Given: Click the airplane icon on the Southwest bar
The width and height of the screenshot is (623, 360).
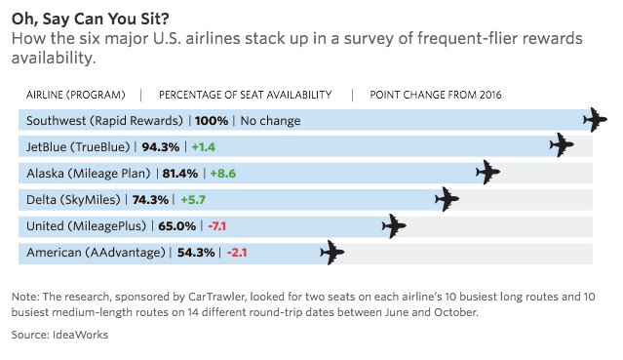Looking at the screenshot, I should (594, 120).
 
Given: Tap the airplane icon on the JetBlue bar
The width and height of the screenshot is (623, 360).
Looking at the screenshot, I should (561, 146).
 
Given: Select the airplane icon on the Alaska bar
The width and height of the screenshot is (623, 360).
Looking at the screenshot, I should (487, 173).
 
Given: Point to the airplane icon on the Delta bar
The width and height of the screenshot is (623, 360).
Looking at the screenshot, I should (447, 199).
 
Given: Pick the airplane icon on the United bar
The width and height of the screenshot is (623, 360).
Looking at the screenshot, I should (393, 225).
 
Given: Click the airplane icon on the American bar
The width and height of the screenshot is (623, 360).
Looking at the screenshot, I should (331, 253).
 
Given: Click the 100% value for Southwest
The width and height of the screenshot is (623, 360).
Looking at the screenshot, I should (212, 121).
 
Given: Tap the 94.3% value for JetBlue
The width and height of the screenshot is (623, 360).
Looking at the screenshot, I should (162, 147).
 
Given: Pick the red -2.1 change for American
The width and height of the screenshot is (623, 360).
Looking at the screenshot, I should (239, 253).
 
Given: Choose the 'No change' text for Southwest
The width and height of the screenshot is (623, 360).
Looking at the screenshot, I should (270, 121).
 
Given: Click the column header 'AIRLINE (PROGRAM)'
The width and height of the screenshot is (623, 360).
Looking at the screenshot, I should (75, 95).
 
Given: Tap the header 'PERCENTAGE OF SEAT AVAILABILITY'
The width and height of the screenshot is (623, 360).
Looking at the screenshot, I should (245, 95).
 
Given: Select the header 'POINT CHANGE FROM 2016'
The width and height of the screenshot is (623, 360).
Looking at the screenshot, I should (435, 95).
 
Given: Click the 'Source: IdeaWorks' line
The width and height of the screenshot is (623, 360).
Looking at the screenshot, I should (59, 334).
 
